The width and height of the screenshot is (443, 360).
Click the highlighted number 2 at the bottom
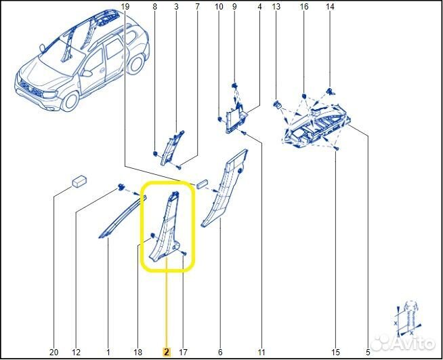click(x=166, y=352)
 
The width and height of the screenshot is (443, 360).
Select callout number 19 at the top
click(x=124, y=7)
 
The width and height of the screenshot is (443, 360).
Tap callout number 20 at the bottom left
click(x=54, y=352)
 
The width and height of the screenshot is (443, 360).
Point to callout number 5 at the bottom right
click(x=368, y=352)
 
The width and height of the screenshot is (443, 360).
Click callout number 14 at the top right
click(x=330, y=7)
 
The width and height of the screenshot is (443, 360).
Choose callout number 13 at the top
click(x=276, y=7)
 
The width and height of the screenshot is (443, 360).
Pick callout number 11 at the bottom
click(x=261, y=352)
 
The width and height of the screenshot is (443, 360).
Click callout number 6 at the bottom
click(x=220, y=352)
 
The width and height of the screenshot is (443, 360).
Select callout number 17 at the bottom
click(x=183, y=352)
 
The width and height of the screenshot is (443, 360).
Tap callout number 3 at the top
click(x=176, y=7)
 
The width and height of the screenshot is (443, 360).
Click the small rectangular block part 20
click(x=80, y=182)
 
